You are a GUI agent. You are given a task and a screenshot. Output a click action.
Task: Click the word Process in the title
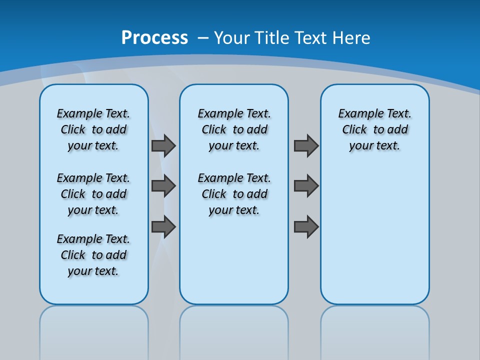(x=154, y=38)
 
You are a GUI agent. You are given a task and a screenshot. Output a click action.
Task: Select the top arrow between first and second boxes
(x=163, y=145)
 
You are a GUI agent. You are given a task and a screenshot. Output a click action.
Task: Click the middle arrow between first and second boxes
(x=163, y=186)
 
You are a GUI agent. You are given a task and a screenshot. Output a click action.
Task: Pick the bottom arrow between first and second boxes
(x=163, y=226)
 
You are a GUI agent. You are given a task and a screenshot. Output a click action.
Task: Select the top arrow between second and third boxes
(x=306, y=145)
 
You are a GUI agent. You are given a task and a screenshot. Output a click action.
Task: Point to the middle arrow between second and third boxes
(x=306, y=186)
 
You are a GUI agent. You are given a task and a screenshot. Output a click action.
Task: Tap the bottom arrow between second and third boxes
(x=306, y=226)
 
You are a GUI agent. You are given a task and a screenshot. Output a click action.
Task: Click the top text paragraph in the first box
(x=93, y=129)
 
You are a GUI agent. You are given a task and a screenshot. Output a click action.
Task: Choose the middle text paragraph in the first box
(x=93, y=194)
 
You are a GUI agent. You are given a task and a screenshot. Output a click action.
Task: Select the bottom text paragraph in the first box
(x=93, y=255)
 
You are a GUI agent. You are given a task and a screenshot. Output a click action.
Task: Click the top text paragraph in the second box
(x=234, y=129)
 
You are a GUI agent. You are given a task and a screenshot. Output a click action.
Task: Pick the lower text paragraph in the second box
(x=234, y=194)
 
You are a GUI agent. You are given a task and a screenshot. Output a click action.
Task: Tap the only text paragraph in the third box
(x=375, y=129)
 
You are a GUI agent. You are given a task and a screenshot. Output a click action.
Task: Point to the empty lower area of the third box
(x=375, y=235)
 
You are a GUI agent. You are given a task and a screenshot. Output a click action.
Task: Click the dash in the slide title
(x=203, y=38)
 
